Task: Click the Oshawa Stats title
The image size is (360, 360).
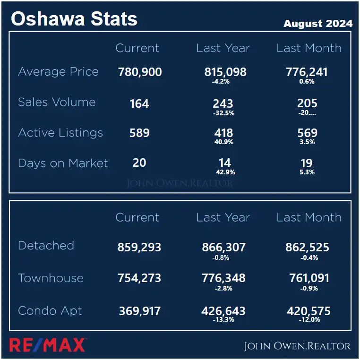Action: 74,19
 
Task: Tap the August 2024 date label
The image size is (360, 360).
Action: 317,23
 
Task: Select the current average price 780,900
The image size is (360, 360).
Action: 140,72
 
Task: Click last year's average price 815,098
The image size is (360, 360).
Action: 225,72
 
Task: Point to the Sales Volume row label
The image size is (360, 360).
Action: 57,102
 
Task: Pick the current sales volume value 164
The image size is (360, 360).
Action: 139,103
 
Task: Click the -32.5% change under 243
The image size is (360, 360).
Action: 223,113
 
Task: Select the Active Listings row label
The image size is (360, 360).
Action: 60,133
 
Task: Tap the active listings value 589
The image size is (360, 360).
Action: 139,133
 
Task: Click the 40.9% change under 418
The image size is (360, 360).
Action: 224,142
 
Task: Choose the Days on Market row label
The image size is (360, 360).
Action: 63,163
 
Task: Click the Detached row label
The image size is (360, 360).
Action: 46,246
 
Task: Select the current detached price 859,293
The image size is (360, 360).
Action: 139,247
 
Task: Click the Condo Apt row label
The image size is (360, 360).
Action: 50,311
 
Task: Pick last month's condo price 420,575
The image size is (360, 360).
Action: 309,311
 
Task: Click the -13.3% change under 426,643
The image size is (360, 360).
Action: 224,320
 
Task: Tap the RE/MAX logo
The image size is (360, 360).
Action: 48,345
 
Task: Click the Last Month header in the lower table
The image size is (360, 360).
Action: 309,218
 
